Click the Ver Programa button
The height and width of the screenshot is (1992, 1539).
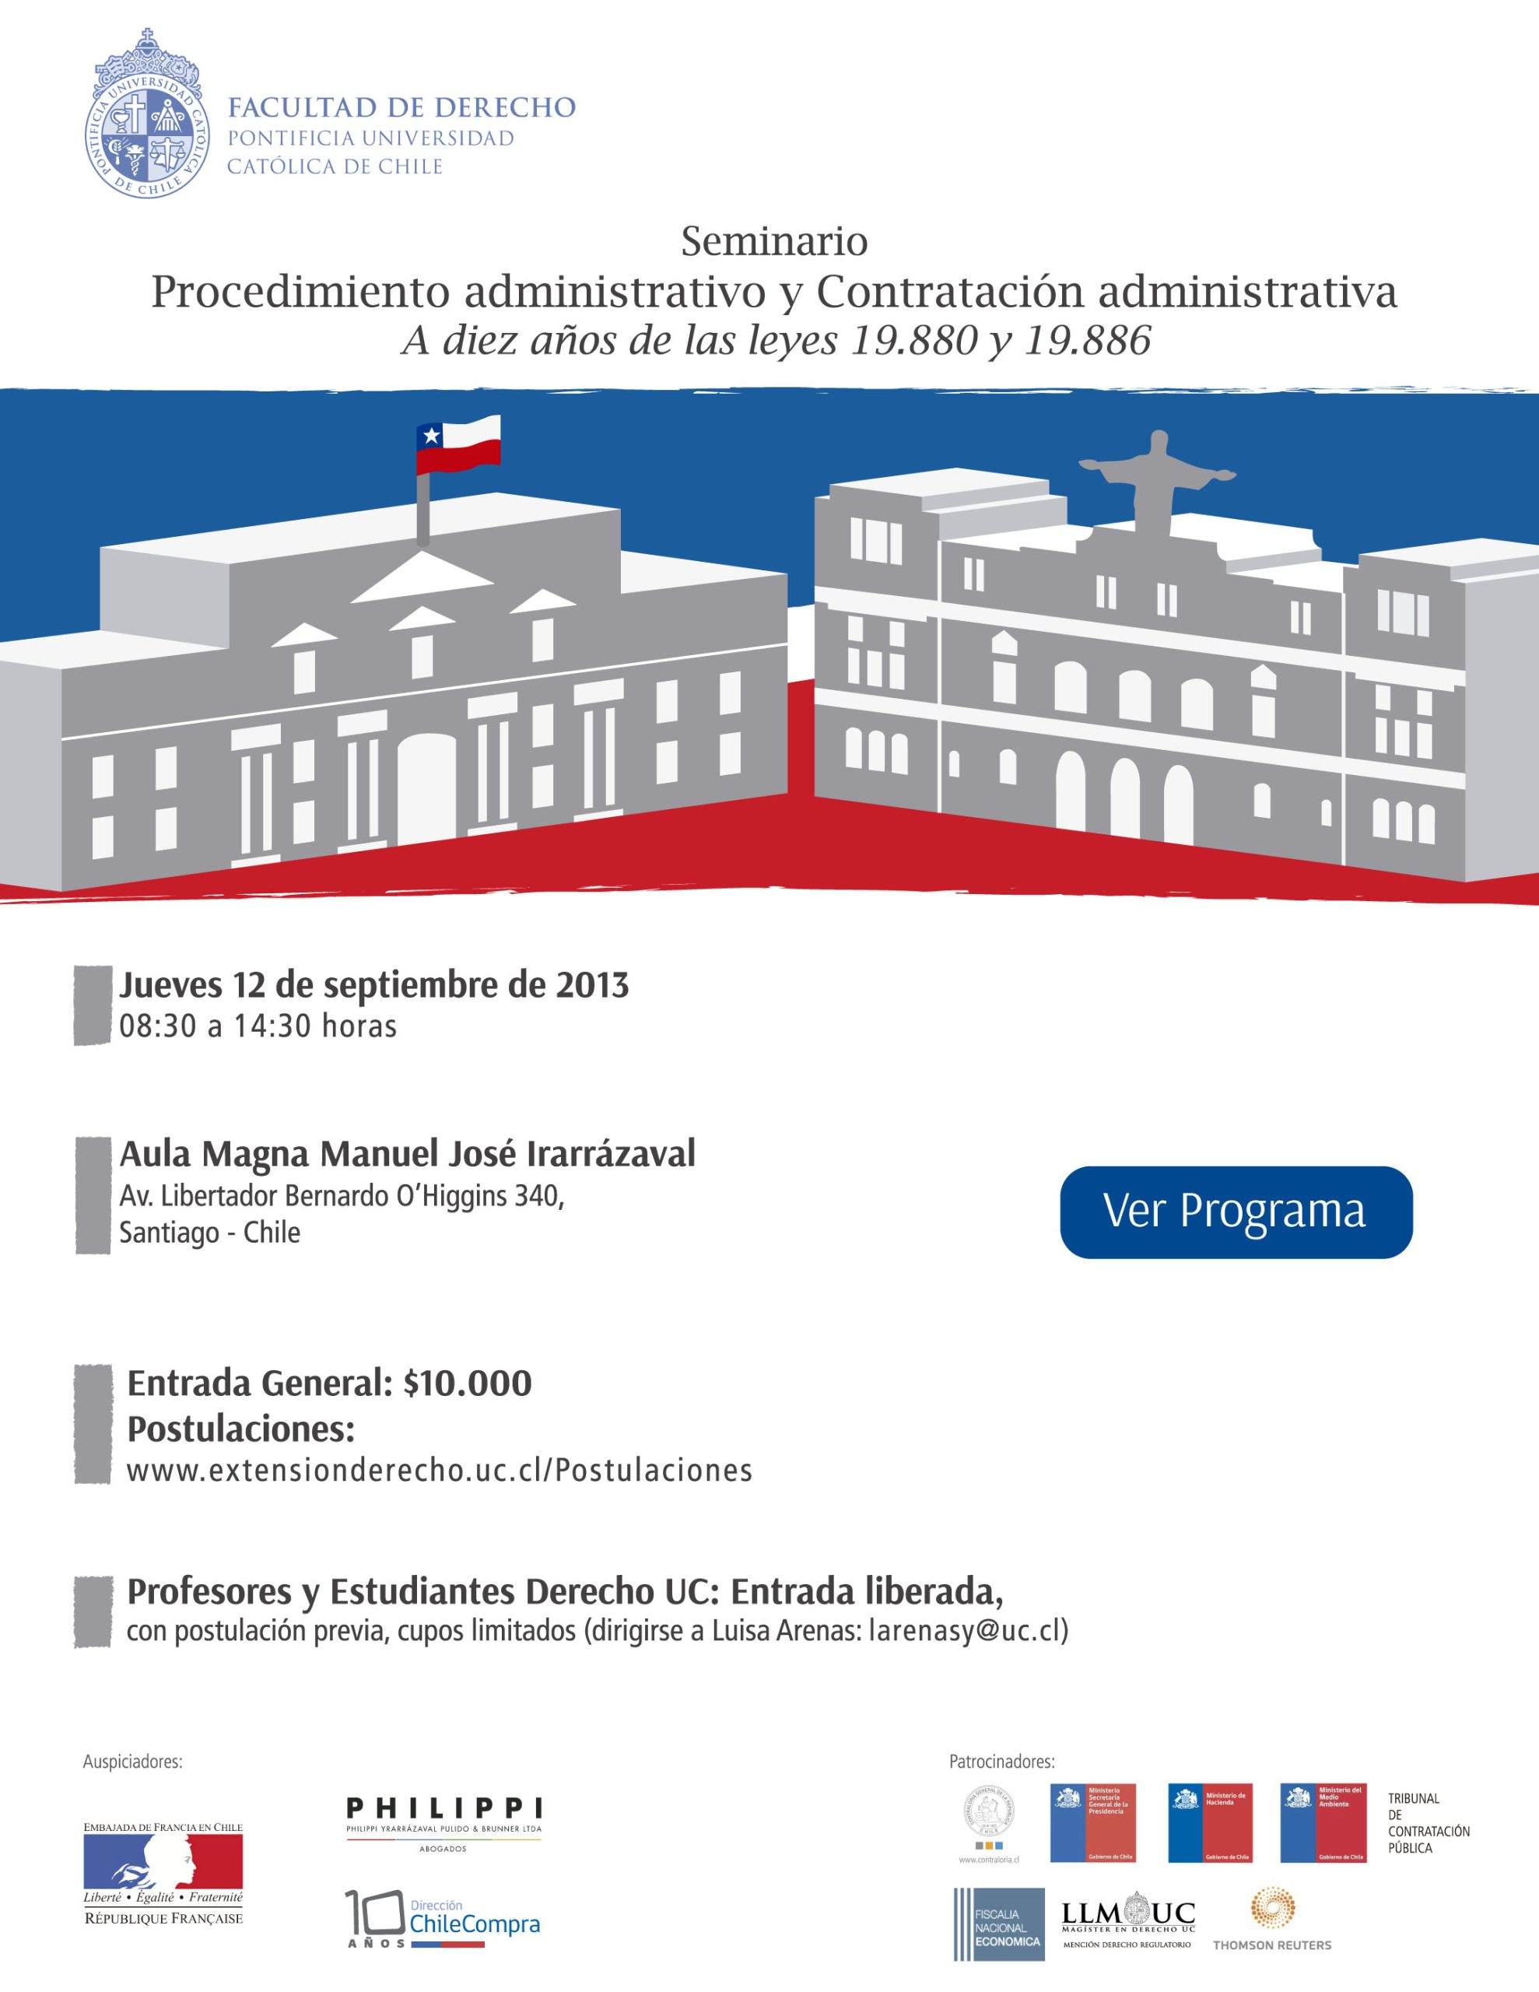[1236, 1212]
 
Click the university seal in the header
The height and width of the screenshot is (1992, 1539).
[146, 116]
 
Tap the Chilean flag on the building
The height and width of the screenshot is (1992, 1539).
[458, 445]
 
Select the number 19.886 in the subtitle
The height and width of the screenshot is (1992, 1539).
[1088, 340]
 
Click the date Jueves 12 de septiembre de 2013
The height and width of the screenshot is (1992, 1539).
[374, 985]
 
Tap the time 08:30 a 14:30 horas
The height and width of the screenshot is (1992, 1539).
[258, 1026]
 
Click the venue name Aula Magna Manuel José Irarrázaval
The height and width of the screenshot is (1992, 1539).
[407, 1154]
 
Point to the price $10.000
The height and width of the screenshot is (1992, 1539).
[467, 1384]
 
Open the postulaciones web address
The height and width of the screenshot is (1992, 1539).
[439, 1471]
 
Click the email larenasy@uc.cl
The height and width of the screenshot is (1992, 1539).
[967, 1630]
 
